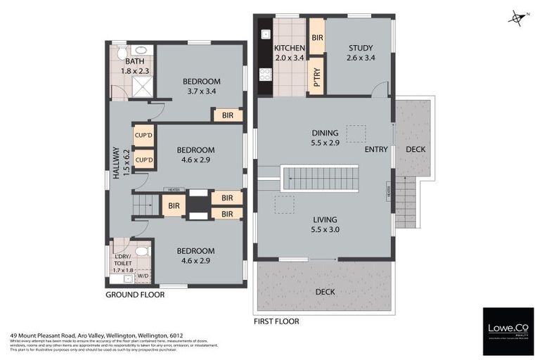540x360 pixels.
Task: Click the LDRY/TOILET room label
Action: tap(123, 262)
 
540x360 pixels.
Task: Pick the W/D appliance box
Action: tap(143, 276)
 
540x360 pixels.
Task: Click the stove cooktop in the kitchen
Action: tap(266, 72)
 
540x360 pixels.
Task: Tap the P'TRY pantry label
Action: tap(316, 76)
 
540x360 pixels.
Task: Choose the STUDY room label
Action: tap(360, 53)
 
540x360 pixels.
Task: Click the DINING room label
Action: tap(325, 137)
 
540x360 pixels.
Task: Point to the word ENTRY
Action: tap(376, 149)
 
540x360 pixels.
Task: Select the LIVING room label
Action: tap(325, 224)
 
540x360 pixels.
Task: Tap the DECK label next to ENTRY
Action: tap(416, 149)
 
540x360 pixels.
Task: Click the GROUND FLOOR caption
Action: tap(135, 295)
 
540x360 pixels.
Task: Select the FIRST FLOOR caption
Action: tap(276, 321)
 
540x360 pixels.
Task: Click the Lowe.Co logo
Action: tap(508, 330)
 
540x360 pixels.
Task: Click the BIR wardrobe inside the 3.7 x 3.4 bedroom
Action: tap(228, 115)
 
